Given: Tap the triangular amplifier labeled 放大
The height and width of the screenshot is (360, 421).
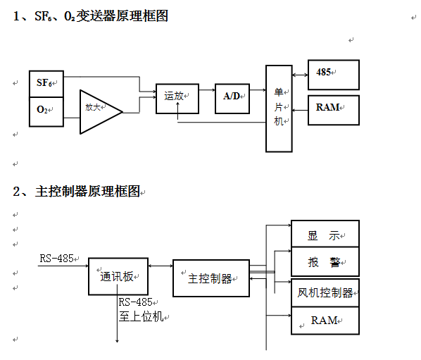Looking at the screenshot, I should (x=97, y=110).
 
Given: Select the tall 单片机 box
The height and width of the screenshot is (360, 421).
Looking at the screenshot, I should (x=278, y=108).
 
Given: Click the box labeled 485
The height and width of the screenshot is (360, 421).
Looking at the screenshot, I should (x=333, y=74).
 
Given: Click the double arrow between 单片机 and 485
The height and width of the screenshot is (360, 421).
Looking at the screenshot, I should (x=299, y=74).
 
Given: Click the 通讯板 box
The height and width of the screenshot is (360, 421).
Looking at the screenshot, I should (x=118, y=276).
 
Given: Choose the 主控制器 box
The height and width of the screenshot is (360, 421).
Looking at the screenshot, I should (x=211, y=278).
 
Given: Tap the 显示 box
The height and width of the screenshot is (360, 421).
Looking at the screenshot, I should (x=325, y=234).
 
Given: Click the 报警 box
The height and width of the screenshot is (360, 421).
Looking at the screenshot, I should (x=325, y=262).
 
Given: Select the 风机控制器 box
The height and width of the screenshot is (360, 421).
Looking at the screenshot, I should (x=325, y=292).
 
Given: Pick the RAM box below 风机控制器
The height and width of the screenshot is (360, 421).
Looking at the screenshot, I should (x=325, y=321).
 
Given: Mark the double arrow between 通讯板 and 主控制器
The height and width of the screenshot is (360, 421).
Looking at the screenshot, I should (x=160, y=266).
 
